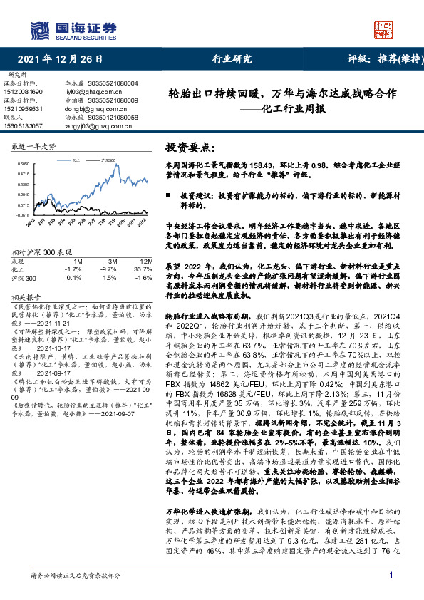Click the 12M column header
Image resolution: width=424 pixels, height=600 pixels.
tap(145, 261)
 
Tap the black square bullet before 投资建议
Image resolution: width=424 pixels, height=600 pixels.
tap(168, 195)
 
